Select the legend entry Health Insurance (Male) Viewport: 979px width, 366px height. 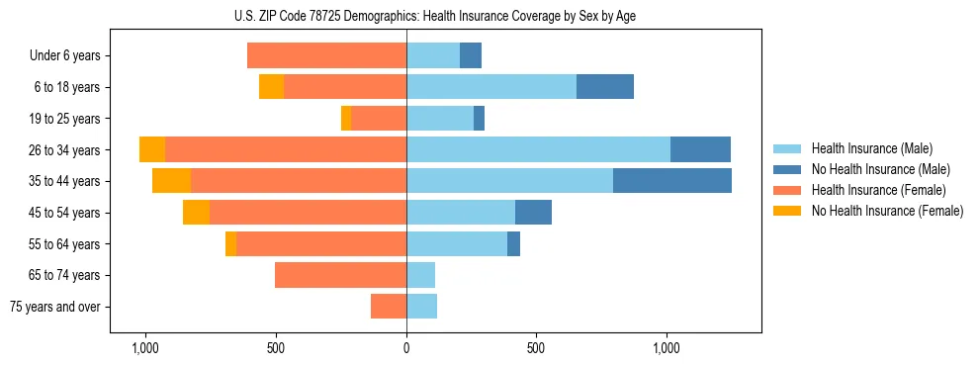click(x=871, y=148)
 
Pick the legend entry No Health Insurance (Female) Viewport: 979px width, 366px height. click(x=887, y=211)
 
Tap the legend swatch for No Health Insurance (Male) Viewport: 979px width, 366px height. click(x=787, y=169)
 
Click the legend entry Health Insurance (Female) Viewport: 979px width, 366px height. click(x=878, y=190)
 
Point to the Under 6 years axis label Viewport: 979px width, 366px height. click(x=65, y=56)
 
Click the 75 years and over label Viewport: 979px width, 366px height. click(x=55, y=307)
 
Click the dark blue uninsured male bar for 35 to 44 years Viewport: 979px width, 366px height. click(x=672, y=181)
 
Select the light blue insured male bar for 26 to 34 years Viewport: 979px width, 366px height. click(x=538, y=149)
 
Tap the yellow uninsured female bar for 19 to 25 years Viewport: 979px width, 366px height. click(x=346, y=119)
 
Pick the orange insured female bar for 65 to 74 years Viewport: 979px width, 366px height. click(x=340, y=275)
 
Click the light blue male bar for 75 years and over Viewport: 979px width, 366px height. click(x=421, y=307)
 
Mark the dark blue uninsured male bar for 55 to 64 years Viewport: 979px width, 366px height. click(x=513, y=243)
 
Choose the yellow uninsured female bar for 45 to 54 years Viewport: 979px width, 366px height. click(x=196, y=213)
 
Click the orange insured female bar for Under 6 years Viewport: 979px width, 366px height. click(x=326, y=56)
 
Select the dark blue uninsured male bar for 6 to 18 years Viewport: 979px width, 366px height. click(x=605, y=87)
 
